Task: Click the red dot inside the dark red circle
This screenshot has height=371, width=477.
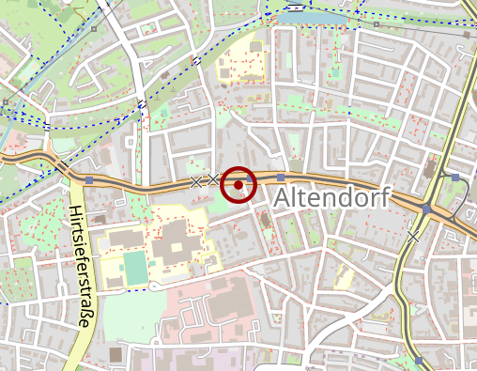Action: (239, 185)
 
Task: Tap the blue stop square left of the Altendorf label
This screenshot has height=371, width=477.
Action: (281, 178)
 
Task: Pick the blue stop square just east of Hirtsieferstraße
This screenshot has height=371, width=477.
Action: (89, 179)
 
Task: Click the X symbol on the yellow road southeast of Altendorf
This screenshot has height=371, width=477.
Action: (414, 236)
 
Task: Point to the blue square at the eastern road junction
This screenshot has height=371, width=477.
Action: (426, 209)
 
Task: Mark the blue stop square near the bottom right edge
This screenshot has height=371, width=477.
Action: (419, 360)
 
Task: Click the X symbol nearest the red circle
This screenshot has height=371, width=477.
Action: (213, 179)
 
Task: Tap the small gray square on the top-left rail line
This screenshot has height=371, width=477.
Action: (95, 29)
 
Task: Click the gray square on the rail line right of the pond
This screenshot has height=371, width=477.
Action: (377, 24)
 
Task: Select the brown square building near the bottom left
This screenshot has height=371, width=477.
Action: (115, 354)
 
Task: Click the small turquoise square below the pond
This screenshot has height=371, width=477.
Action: (335, 70)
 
